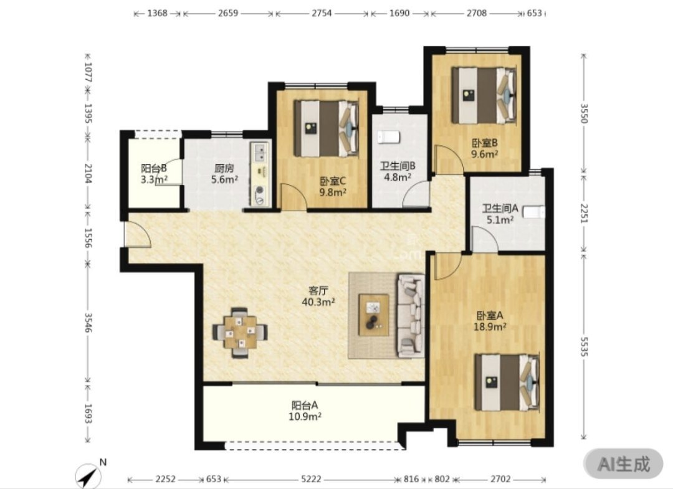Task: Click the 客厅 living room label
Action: tap(318, 290)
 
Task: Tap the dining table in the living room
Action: tap(240, 333)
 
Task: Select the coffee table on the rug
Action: tap(374, 315)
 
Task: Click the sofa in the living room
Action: tap(411, 316)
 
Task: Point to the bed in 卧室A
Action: tap(507, 382)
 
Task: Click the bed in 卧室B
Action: tap(484, 95)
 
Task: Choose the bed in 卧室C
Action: tap(326, 128)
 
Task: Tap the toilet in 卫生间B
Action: tap(389, 137)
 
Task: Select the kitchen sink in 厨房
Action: tap(260, 151)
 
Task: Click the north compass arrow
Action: tap(89, 476)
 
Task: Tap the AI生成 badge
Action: tap(624, 464)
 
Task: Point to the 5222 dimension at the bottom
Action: tap(311, 478)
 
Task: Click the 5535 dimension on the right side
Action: tap(583, 346)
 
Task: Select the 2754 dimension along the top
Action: tap(322, 13)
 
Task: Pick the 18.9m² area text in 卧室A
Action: tap(490, 326)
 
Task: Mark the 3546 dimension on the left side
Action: tap(88, 322)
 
